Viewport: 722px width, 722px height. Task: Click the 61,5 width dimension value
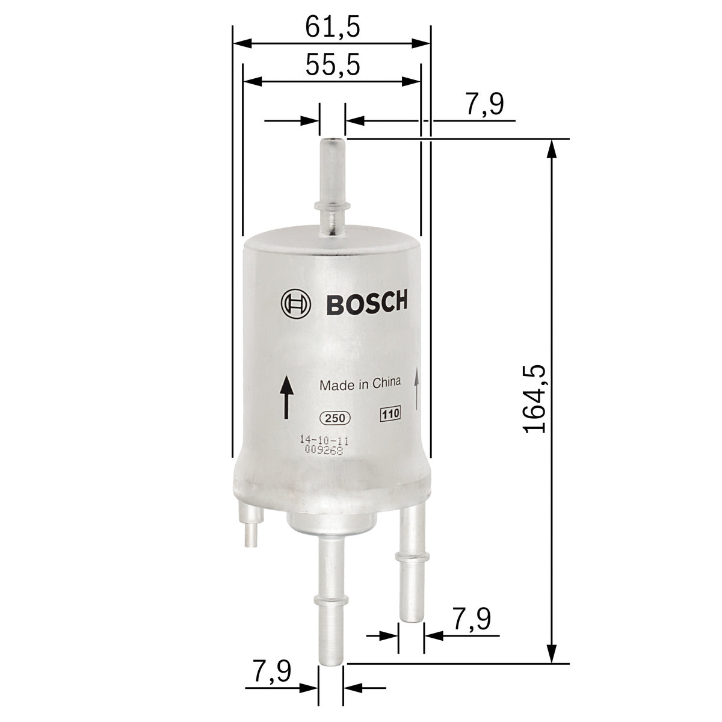click(332, 27)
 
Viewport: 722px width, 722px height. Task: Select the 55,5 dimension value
click(332, 65)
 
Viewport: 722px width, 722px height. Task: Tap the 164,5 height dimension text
click(535, 398)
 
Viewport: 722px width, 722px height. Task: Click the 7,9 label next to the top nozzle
click(484, 105)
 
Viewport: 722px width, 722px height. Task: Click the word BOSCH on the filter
click(366, 303)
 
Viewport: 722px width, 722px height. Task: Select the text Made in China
click(360, 384)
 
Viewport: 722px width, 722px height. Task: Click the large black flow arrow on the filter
click(286, 397)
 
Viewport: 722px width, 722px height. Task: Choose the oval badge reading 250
click(334, 418)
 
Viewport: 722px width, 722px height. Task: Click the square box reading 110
click(390, 414)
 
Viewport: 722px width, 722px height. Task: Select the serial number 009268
click(323, 451)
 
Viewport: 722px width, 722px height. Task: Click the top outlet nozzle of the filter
click(332, 187)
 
